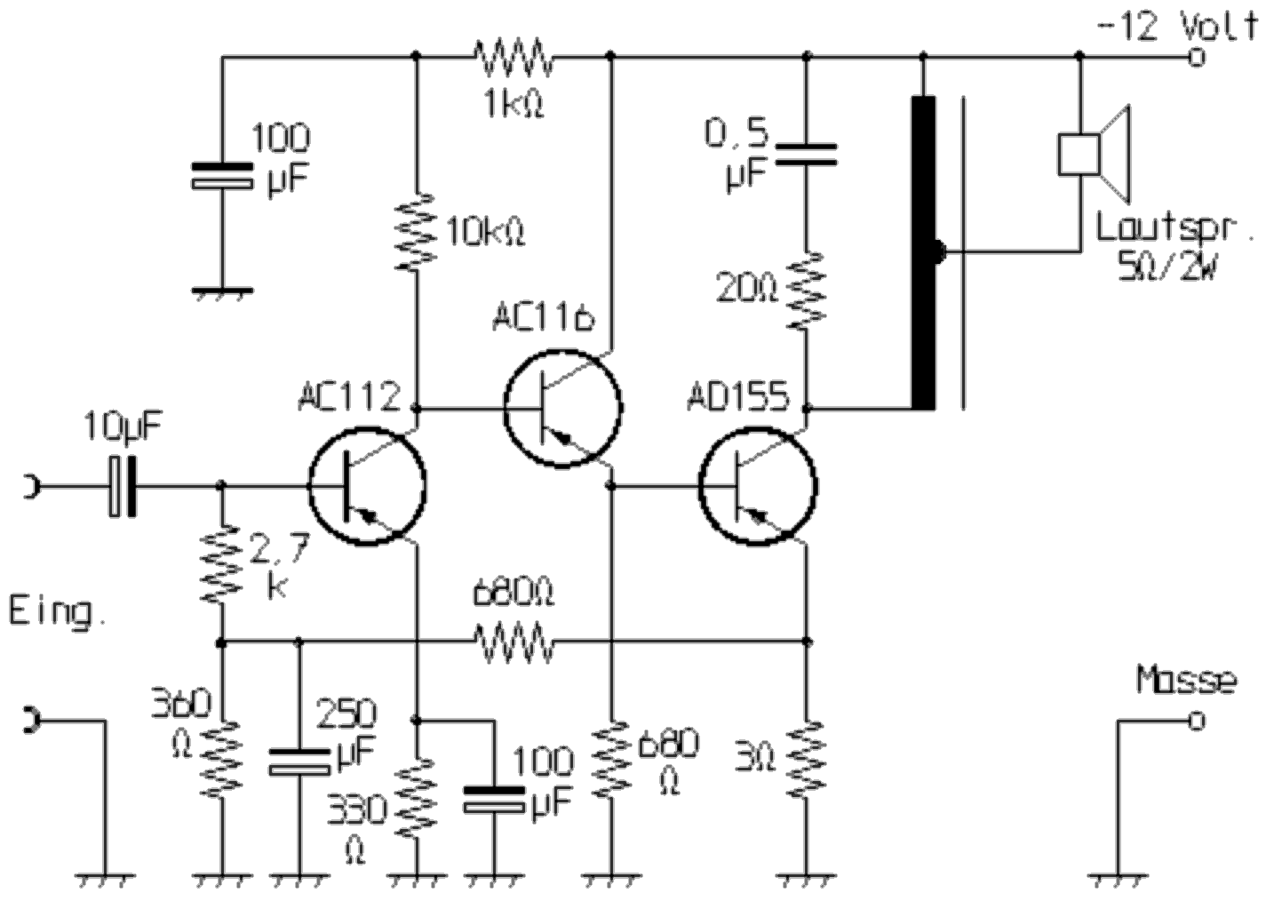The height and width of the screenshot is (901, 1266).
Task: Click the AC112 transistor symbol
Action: click(x=367, y=485)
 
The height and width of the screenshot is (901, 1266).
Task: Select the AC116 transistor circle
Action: click(x=562, y=408)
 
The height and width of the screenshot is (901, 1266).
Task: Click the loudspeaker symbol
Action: click(x=1093, y=155)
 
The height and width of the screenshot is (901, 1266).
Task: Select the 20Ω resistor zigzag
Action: click(x=807, y=291)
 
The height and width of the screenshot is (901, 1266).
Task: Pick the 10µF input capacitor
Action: click(x=123, y=486)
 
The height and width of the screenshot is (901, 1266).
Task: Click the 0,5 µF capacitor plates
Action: click(x=806, y=155)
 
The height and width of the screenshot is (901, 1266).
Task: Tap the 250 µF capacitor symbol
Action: click(x=299, y=762)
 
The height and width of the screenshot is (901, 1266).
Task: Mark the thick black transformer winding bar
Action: click(x=924, y=253)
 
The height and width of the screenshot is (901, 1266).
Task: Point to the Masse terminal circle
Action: click(x=1197, y=720)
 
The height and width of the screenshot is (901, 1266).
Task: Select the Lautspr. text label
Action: click(x=1173, y=228)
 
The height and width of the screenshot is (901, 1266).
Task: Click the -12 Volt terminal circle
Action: click(x=1197, y=58)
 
